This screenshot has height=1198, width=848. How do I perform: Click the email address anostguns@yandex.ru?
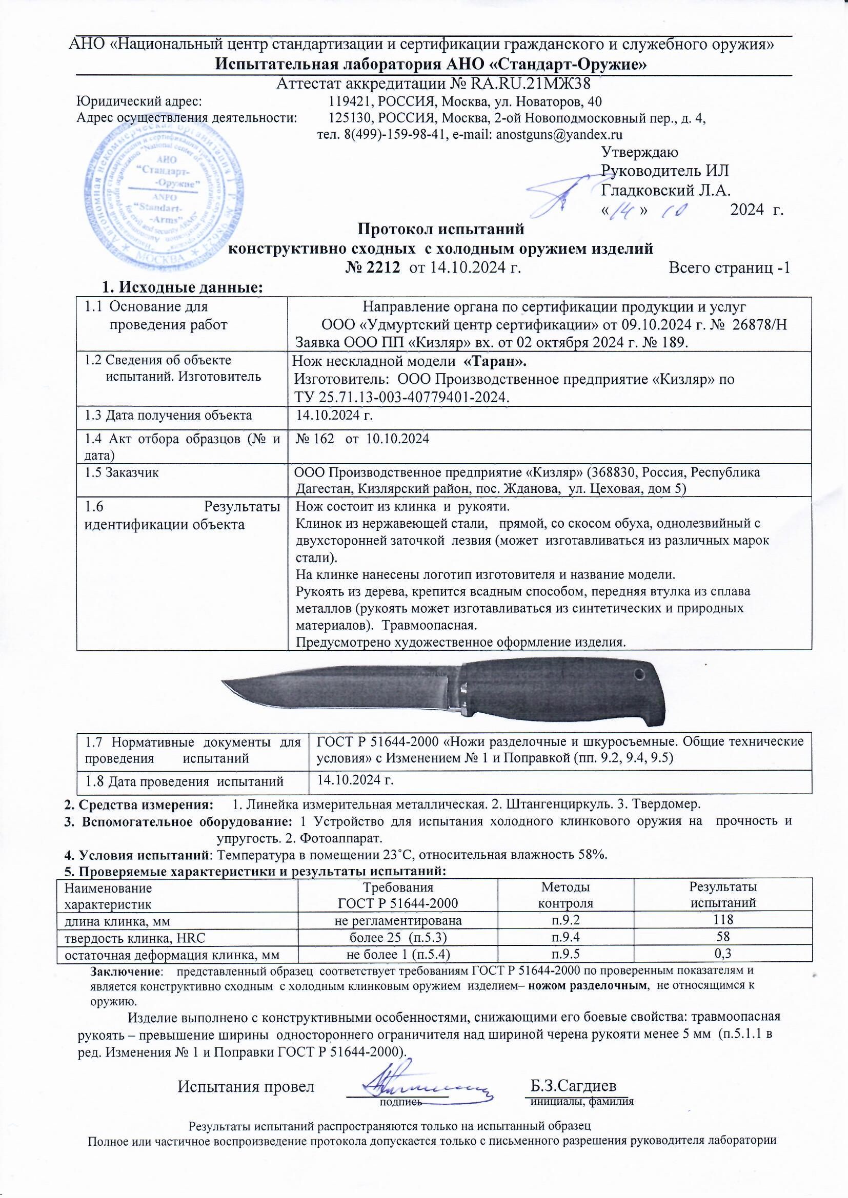click(559, 134)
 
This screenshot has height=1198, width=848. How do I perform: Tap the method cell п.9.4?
click(566, 937)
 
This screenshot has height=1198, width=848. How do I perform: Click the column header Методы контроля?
click(566, 895)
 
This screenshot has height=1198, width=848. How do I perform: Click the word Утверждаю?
click(640, 152)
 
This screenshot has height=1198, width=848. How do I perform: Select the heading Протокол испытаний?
click(440, 229)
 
